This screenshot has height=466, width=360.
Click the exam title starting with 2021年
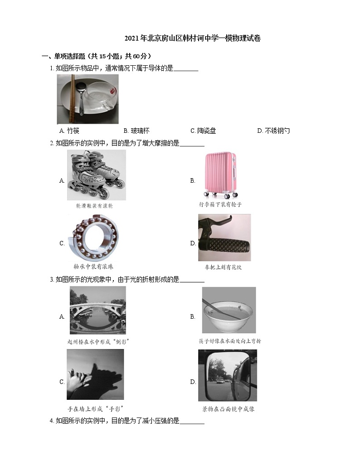[x=192, y=39]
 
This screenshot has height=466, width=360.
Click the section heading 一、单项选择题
[x=96, y=56]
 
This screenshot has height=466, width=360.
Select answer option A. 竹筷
[x=69, y=131]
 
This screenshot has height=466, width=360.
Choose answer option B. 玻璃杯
[x=136, y=131]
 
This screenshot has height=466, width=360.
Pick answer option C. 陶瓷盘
[x=203, y=131]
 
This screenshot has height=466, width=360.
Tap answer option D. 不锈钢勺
[x=273, y=131]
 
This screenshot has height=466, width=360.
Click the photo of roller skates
[x=96, y=175]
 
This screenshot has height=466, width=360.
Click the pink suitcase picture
[x=220, y=175]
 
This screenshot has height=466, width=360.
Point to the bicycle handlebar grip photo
[x=224, y=238]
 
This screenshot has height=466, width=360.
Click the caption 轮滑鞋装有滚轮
[x=94, y=206]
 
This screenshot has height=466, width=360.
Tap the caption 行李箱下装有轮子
[x=220, y=204]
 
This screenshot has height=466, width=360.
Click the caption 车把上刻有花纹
[x=223, y=267]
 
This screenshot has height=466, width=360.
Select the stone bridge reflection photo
[x=97, y=310]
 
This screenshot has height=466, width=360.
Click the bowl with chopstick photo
[x=229, y=310]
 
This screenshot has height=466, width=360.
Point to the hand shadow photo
[x=95, y=374]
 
